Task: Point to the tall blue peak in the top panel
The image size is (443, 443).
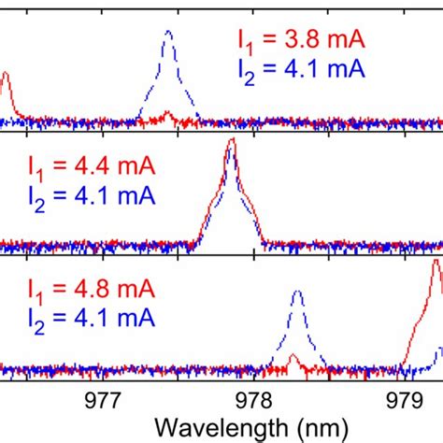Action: click(168, 34)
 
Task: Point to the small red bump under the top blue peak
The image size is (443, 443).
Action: click(167, 115)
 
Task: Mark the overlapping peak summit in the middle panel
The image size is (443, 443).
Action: click(231, 145)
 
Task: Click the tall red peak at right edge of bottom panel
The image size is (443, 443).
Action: click(436, 267)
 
